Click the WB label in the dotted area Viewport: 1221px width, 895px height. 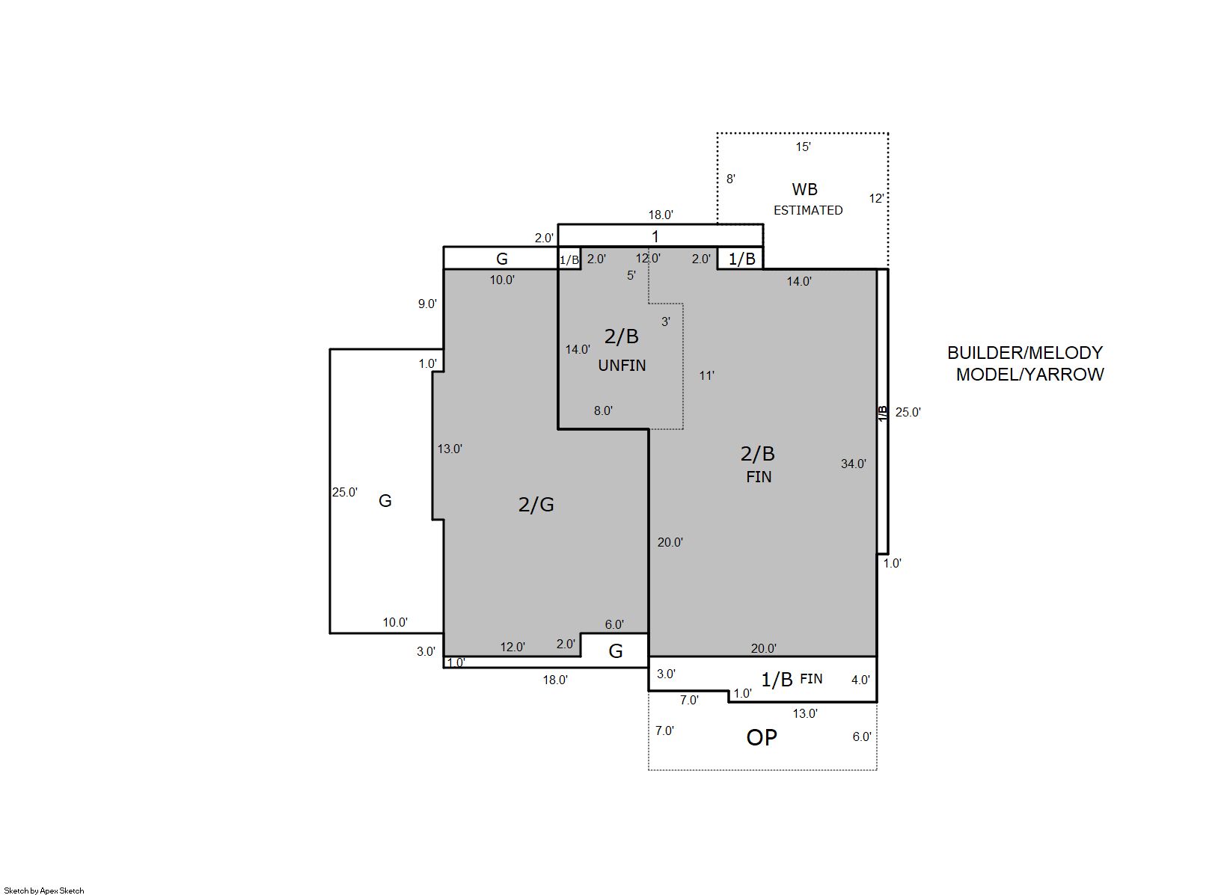click(804, 189)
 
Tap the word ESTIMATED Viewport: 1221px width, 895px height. click(808, 210)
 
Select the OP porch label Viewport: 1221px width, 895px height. click(762, 737)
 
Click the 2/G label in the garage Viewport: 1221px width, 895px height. click(536, 505)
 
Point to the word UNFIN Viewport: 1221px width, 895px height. click(622, 366)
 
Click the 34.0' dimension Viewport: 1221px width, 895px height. click(853, 464)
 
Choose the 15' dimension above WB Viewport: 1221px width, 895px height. click(803, 147)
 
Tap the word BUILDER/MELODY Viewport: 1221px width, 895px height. click(1025, 352)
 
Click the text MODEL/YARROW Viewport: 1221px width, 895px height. click(1029, 375)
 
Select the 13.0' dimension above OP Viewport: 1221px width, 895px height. click(804, 713)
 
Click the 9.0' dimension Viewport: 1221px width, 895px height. click(427, 304)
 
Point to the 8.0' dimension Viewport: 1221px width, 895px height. click(603, 410)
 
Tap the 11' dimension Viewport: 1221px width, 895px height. click(706, 375)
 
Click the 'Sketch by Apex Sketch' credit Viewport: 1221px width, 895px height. click(44, 891)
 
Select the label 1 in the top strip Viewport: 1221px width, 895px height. click(655, 236)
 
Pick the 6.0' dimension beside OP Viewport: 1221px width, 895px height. click(862, 737)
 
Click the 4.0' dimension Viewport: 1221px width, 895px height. click(860, 680)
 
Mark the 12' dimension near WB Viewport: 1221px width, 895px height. click(876, 198)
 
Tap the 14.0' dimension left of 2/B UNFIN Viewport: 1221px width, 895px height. click(578, 349)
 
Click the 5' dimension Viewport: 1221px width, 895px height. click(631, 276)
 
